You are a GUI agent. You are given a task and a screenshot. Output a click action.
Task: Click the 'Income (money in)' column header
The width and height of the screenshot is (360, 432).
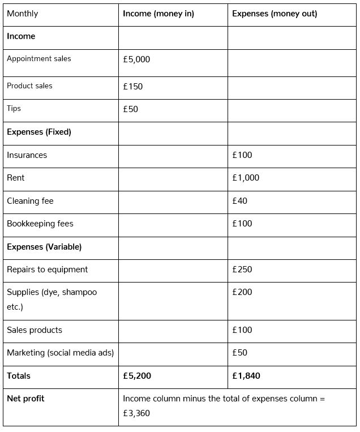[x=158, y=14]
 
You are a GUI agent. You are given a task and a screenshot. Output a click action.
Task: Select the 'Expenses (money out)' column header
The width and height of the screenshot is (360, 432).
[x=275, y=14]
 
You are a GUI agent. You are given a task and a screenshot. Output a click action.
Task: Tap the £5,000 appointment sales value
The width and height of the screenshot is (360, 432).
[x=136, y=59]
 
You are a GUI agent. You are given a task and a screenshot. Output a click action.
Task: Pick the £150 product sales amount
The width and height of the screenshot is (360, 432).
[x=132, y=87]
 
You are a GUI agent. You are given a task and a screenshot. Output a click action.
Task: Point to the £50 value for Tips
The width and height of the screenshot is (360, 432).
[x=130, y=109]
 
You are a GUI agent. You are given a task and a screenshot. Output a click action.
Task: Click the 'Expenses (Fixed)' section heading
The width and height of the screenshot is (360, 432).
[x=39, y=132]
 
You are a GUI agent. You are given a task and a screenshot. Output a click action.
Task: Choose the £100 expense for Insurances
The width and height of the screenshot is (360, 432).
[x=242, y=155]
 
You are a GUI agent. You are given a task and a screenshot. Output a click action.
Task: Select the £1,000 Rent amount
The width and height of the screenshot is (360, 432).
[x=246, y=178]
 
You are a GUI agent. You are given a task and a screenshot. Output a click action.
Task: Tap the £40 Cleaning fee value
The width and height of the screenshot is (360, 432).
[x=239, y=201]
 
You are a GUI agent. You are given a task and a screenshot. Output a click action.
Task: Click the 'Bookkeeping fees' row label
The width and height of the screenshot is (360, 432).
[x=40, y=224]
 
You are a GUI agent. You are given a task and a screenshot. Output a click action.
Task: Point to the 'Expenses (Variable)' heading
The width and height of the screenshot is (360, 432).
[x=44, y=247]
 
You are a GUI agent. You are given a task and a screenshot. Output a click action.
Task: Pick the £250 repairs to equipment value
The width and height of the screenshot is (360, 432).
[x=242, y=270]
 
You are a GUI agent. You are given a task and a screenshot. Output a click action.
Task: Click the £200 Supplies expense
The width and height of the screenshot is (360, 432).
[x=242, y=292]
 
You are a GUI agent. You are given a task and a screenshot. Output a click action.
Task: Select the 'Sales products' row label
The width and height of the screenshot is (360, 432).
[x=35, y=330]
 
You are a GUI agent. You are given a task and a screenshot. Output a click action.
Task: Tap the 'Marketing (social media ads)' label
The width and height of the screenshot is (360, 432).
[x=61, y=353]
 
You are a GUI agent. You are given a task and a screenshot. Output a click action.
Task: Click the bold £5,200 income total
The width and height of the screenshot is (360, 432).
[x=137, y=376]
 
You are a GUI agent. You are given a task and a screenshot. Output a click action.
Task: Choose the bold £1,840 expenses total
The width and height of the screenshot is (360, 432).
[x=246, y=376]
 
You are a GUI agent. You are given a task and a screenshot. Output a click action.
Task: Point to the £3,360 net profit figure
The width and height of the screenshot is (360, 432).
[x=136, y=413]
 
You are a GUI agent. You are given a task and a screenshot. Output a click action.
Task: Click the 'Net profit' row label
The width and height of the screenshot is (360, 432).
[x=25, y=399]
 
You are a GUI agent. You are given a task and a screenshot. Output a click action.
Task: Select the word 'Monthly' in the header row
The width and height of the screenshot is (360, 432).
[x=23, y=14]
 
